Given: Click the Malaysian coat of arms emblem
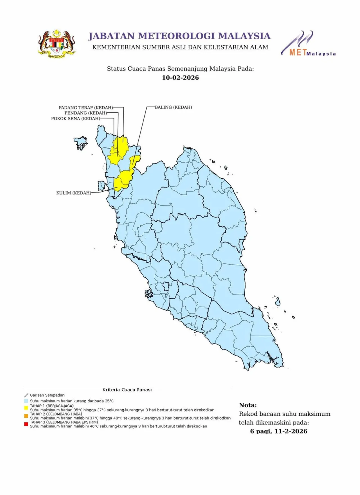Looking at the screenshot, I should point(57,44).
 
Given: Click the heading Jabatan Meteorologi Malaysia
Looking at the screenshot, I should point(179,36).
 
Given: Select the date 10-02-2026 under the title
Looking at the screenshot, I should point(180,78).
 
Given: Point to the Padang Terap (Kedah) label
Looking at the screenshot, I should point(86,107).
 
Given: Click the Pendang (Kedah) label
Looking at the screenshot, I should point(86,113).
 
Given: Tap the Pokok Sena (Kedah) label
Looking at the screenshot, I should point(75,118).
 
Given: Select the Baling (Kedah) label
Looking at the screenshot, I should point(173,107).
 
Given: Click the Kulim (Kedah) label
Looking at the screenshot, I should point(73,193).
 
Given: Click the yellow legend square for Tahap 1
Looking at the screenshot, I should point(26,408).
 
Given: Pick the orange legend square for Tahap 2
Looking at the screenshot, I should point(26,416).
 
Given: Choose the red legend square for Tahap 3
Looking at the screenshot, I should point(26,424).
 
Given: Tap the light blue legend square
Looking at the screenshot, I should point(26,401).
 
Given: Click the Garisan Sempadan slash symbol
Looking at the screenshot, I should point(26,395).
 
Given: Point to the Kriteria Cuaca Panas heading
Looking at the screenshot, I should point(127,390).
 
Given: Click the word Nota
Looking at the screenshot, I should point(248,405).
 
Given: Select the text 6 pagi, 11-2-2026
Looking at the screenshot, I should point(278,431).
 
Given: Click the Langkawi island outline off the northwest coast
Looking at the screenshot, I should point(81,142).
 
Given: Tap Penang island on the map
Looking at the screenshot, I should point(101,185).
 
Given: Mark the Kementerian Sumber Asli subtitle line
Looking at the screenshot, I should point(180,47).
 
